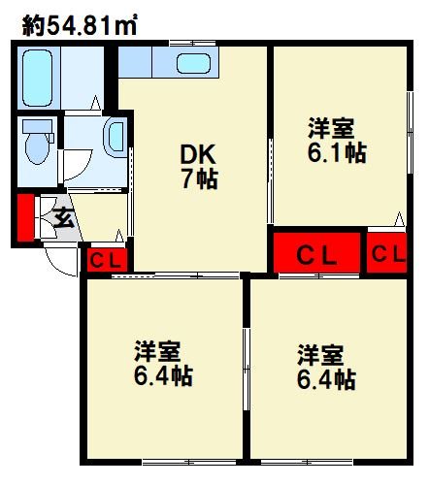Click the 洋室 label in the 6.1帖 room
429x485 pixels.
pyautogui.click(x=331, y=128)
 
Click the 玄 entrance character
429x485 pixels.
pyautogui.click(x=63, y=218)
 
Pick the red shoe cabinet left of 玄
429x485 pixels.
pyautogui.click(x=24, y=218)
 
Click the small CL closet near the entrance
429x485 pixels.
pyautogui.click(x=105, y=260)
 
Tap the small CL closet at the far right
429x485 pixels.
pyautogui.click(x=387, y=254)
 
